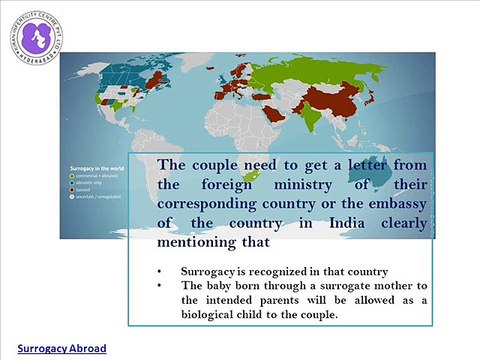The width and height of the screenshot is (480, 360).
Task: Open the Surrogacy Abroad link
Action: pos(60,349)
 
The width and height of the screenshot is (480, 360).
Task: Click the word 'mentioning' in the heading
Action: pos(206,242)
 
